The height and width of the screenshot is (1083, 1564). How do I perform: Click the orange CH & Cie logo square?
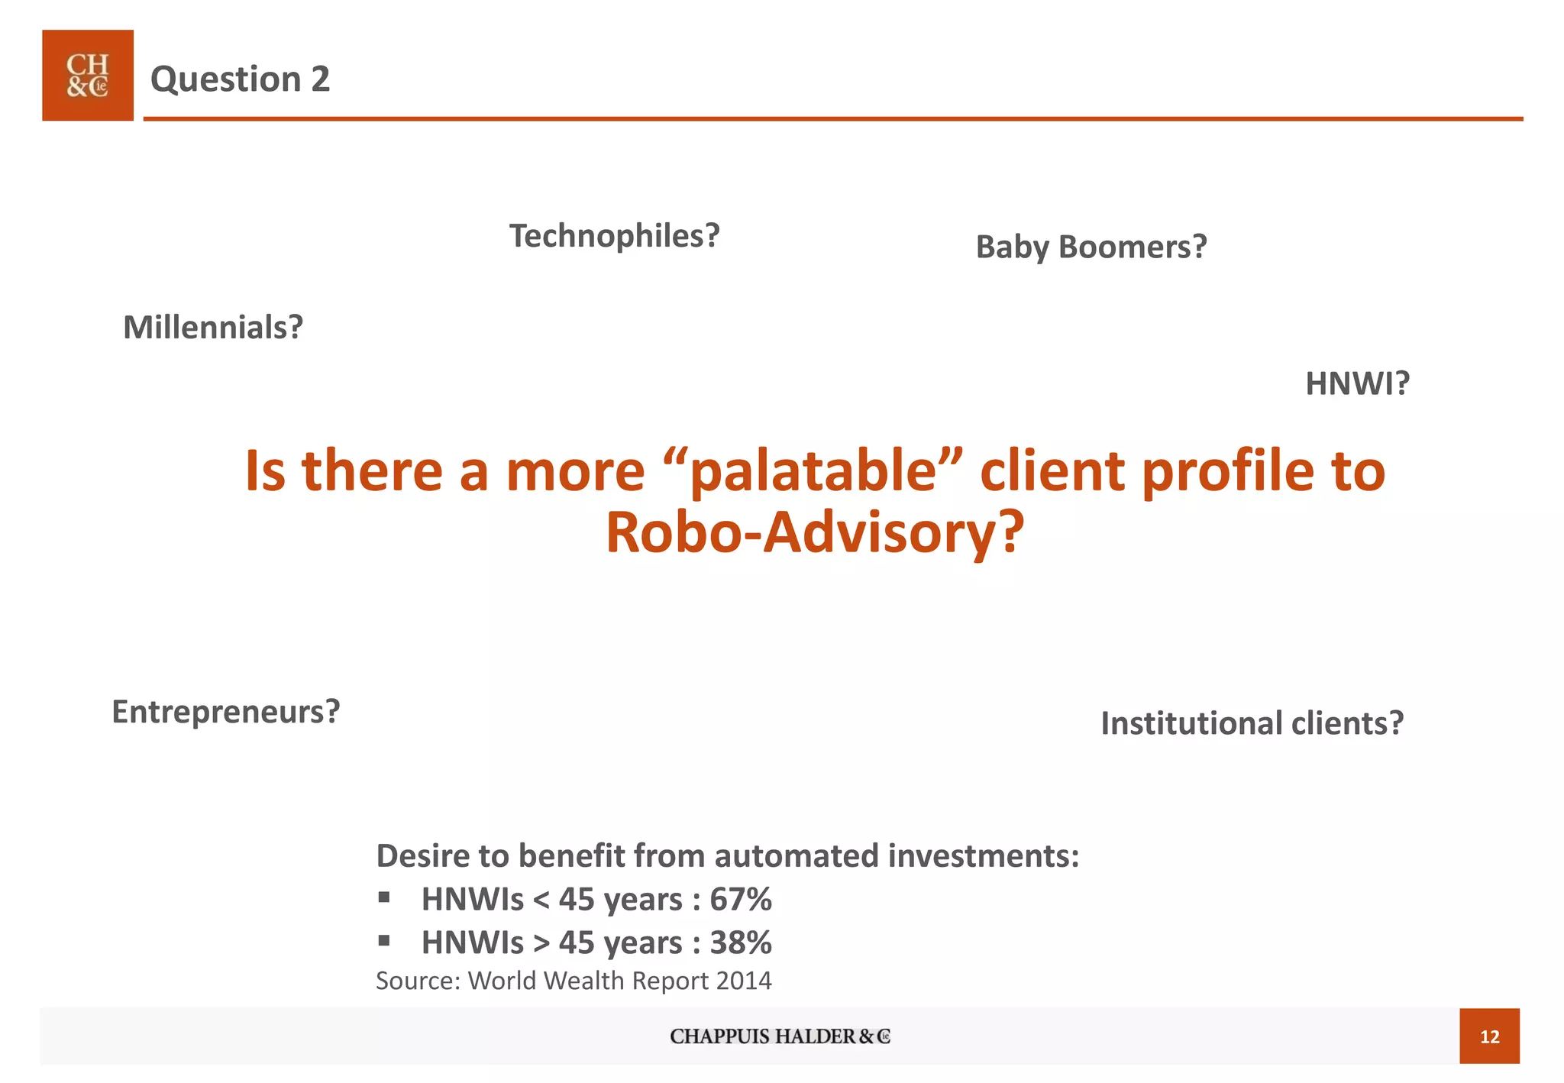tap(88, 76)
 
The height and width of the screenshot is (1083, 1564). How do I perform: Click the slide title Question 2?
tap(240, 79)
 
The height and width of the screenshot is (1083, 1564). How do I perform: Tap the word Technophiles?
tap(614, 236)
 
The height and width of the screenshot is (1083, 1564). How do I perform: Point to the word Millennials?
tap(213, 328)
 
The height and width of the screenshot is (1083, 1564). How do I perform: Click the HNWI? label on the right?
tap(1357, 383)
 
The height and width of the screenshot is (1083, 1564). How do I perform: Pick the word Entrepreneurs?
tap(226, 712)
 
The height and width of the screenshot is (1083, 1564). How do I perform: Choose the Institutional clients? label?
tap(1252, 723)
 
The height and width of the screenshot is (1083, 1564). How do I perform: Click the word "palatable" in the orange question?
tap(813, 470)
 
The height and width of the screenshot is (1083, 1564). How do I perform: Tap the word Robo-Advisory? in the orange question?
tap(814, 532)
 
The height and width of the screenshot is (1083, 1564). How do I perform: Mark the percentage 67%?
tap(740, 900)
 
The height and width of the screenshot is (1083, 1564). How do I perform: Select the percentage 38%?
tap(740, 943)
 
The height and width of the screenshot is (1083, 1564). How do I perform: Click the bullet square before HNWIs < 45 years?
tap(384, 897)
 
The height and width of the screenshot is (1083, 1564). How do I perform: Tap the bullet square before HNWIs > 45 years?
tap(384, 940)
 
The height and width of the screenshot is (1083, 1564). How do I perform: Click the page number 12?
tap(1489, 1036)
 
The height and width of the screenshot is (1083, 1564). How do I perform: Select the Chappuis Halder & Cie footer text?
tap(780, 1036)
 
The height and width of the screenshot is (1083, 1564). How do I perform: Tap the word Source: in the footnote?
tap(418, 981)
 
